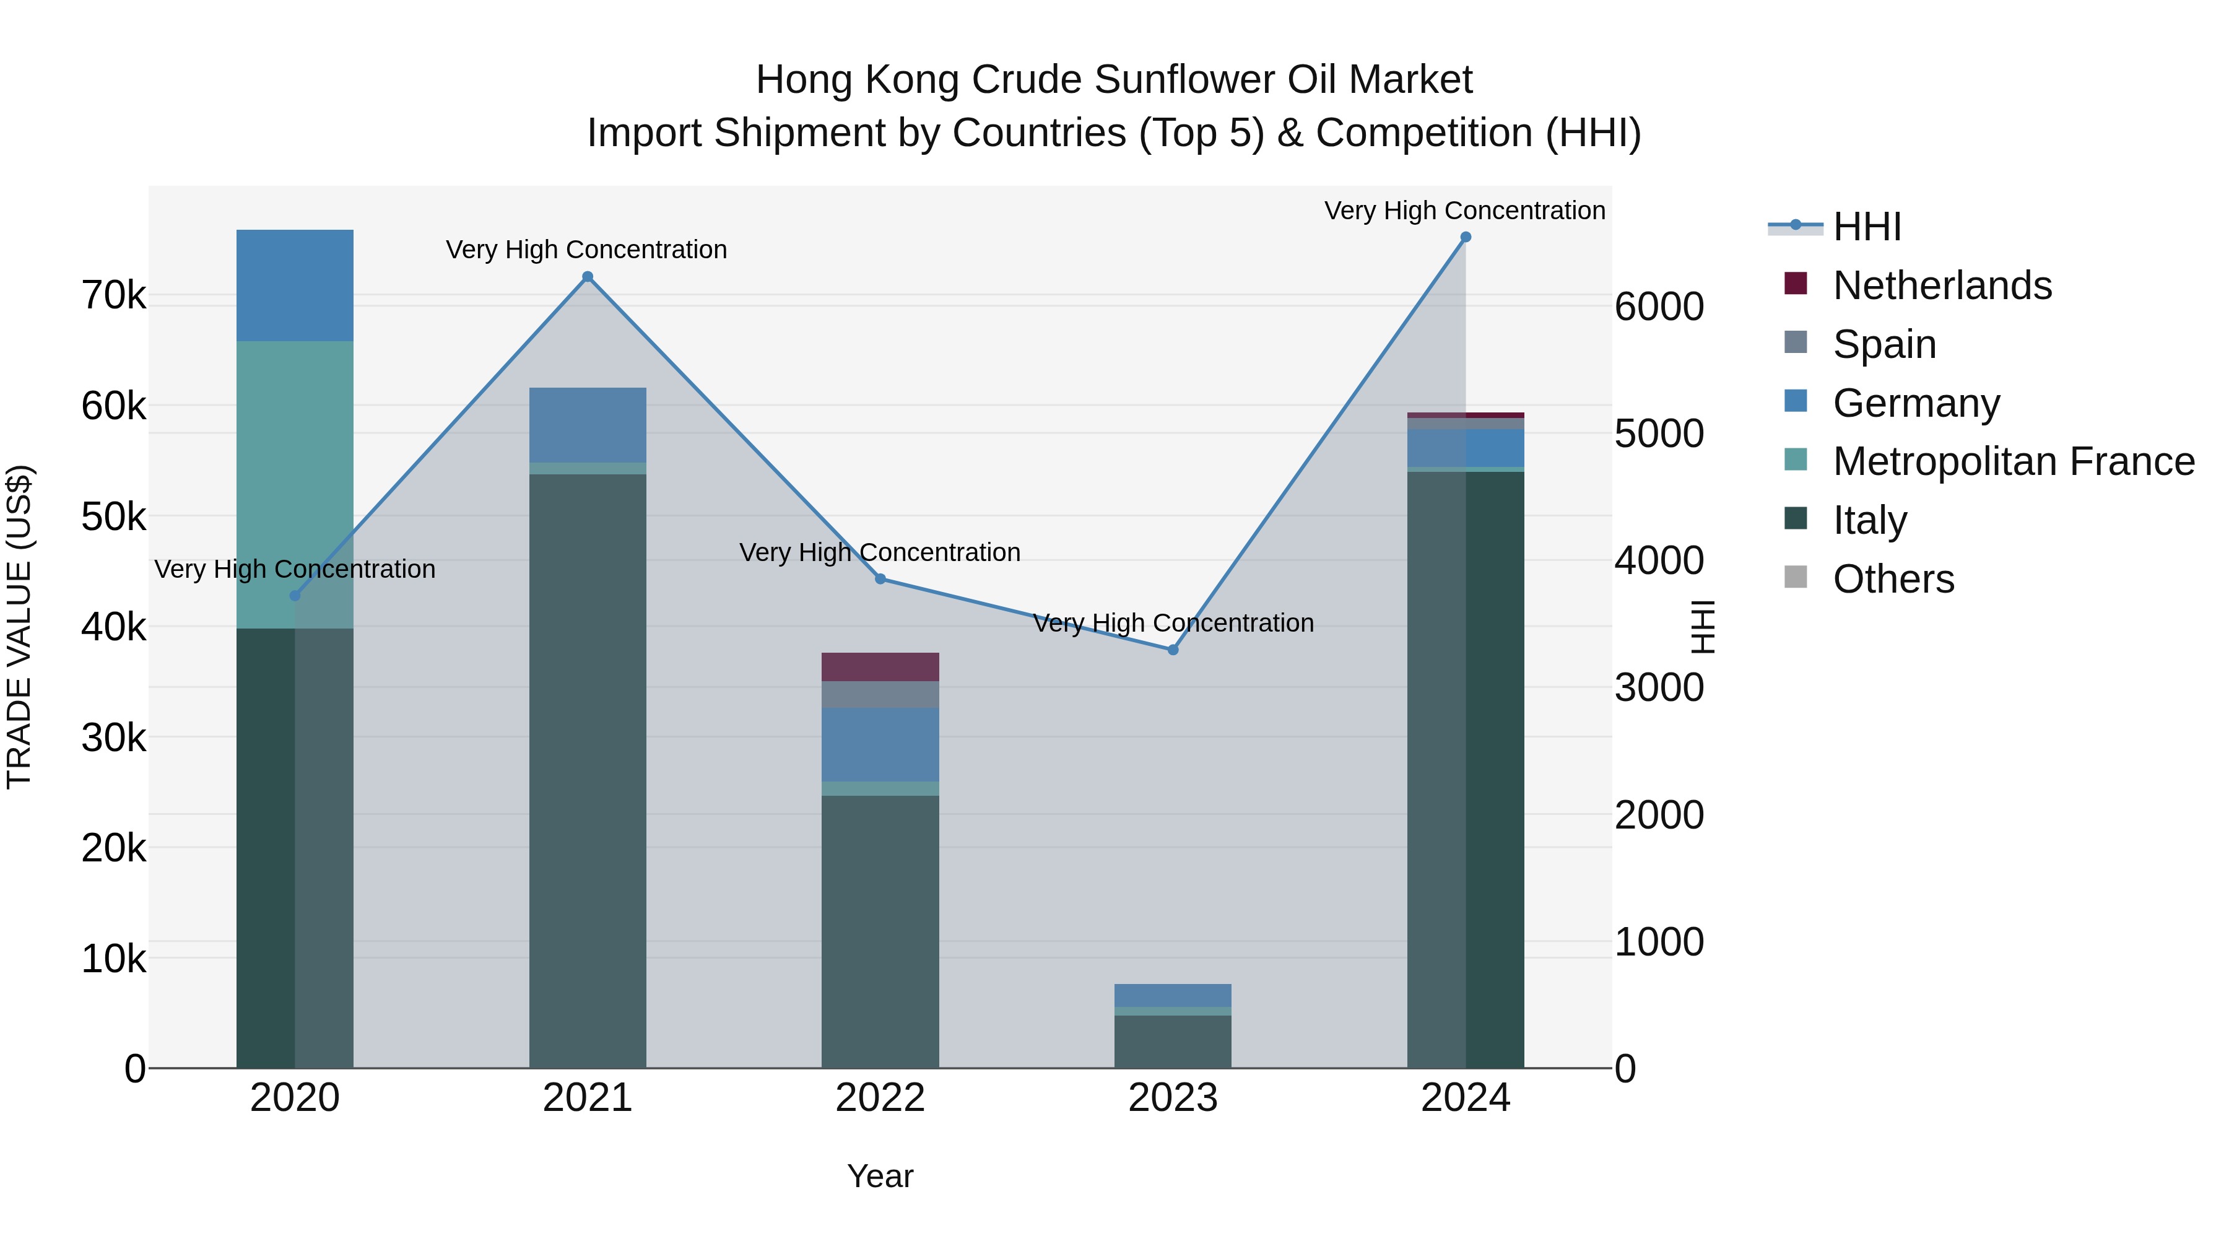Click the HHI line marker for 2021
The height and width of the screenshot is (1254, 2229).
pos(588,277)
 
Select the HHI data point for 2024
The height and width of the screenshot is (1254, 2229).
pos(1465,237)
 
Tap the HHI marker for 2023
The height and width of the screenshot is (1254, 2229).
pos(1173,650)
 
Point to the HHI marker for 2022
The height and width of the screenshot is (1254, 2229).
pos(880,579)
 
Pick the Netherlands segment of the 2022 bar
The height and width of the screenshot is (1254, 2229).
pos(880,667)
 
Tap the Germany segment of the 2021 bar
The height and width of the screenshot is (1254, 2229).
pos(588,425)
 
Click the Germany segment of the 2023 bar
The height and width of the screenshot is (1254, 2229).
pos(1173,995)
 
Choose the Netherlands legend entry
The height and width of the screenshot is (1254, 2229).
pos(1942,285)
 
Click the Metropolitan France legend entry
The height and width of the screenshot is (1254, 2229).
pos(2013,461)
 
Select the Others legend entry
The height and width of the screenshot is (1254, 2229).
pos(1892,579)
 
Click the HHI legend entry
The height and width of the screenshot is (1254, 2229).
pos(1866,227)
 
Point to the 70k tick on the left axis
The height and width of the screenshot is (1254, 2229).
pos(113,296)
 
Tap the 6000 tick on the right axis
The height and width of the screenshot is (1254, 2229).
pos(1659,307)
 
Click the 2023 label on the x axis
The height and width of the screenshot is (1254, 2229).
pos(1173,1098)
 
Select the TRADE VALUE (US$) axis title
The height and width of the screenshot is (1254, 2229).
pos(19,627)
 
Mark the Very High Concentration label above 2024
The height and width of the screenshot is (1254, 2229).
pos(1464,211)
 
